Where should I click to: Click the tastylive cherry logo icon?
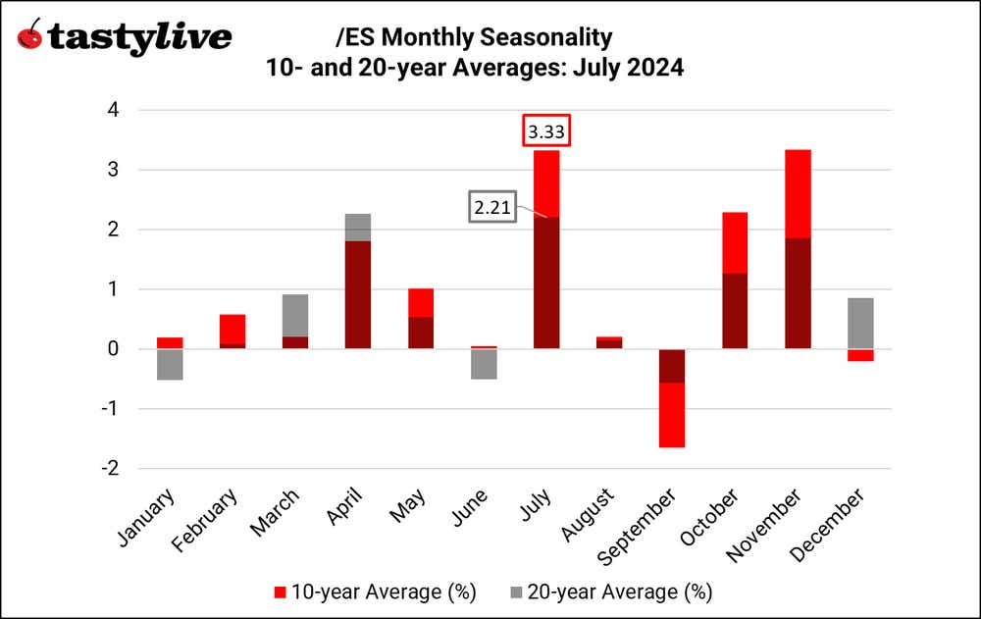pos(31,36)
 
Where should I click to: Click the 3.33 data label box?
pos(546,130)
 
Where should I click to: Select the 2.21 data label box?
pos(492,207)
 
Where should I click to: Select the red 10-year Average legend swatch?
pos(279,592)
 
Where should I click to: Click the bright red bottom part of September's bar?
pos(672,415)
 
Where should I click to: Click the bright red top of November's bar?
pos(798,193)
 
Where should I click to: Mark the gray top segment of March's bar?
pos(295,315)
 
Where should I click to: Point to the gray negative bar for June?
pos(484,363)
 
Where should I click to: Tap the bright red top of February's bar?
pos(232,329)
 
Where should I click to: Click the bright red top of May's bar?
pos(421,302)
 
